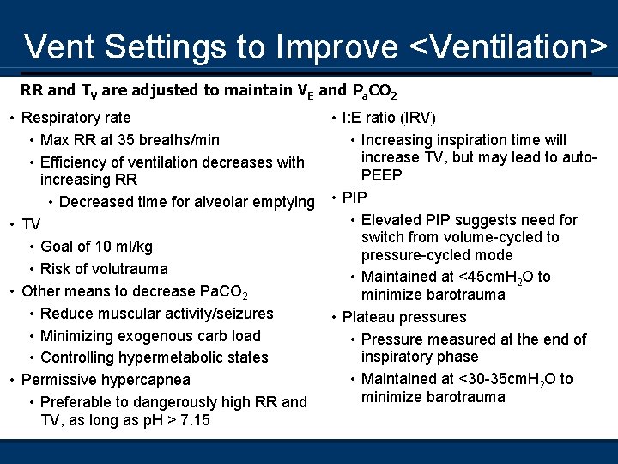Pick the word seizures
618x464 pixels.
coord(243,314)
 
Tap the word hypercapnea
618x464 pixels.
coord(144,380)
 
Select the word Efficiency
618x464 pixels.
coord(76,162)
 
